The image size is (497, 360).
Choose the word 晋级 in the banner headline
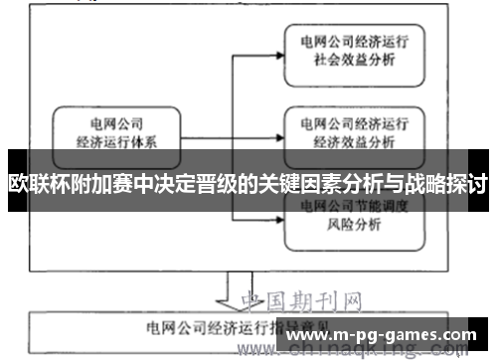point(217,184)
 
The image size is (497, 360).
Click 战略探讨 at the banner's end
point(443,184)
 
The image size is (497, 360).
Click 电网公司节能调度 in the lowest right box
point(355,206)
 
